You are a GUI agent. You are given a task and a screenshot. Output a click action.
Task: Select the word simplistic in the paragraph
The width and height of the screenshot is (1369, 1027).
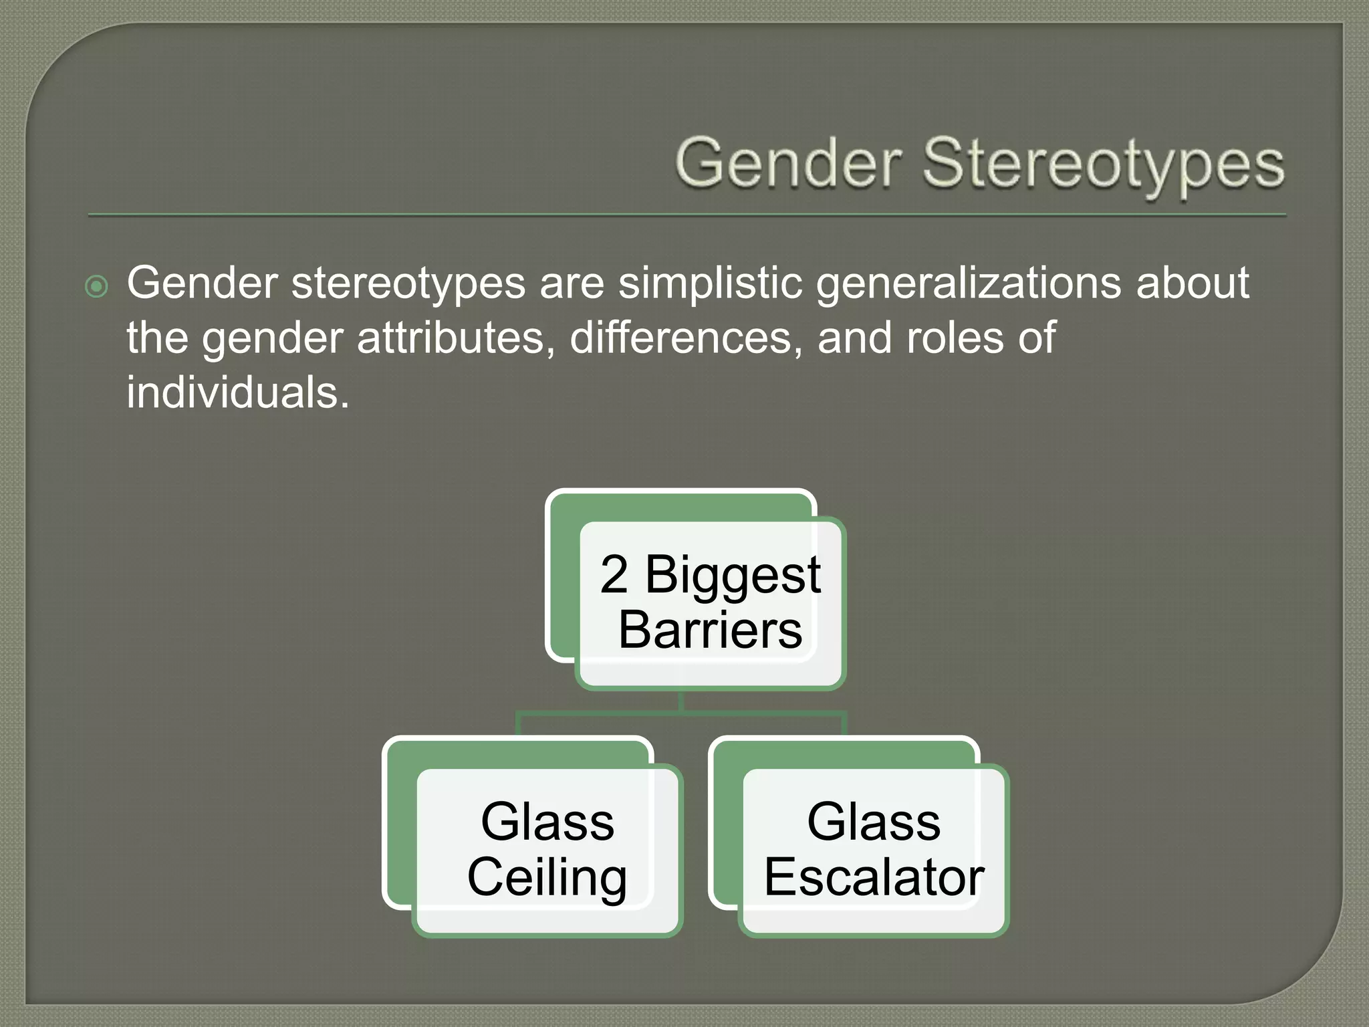pos(710,283)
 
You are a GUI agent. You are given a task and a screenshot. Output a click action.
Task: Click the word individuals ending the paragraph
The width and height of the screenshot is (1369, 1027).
pos(237,392)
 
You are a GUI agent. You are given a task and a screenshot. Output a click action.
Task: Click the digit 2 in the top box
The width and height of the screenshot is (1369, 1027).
pos(614,575)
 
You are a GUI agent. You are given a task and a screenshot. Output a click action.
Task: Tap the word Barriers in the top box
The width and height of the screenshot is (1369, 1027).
pos(710,630)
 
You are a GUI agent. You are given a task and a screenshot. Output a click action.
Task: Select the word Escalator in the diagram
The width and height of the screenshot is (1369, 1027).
pos(874,877)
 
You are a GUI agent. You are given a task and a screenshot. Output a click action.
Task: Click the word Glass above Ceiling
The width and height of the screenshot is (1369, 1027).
pos(547,822)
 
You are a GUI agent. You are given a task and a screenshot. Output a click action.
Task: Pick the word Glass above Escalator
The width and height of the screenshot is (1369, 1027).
pos(874,822)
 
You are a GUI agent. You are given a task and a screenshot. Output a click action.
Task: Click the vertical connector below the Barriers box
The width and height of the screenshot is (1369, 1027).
pos(680,701)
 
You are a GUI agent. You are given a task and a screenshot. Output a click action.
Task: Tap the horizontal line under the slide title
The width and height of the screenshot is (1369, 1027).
pos(687,215)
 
